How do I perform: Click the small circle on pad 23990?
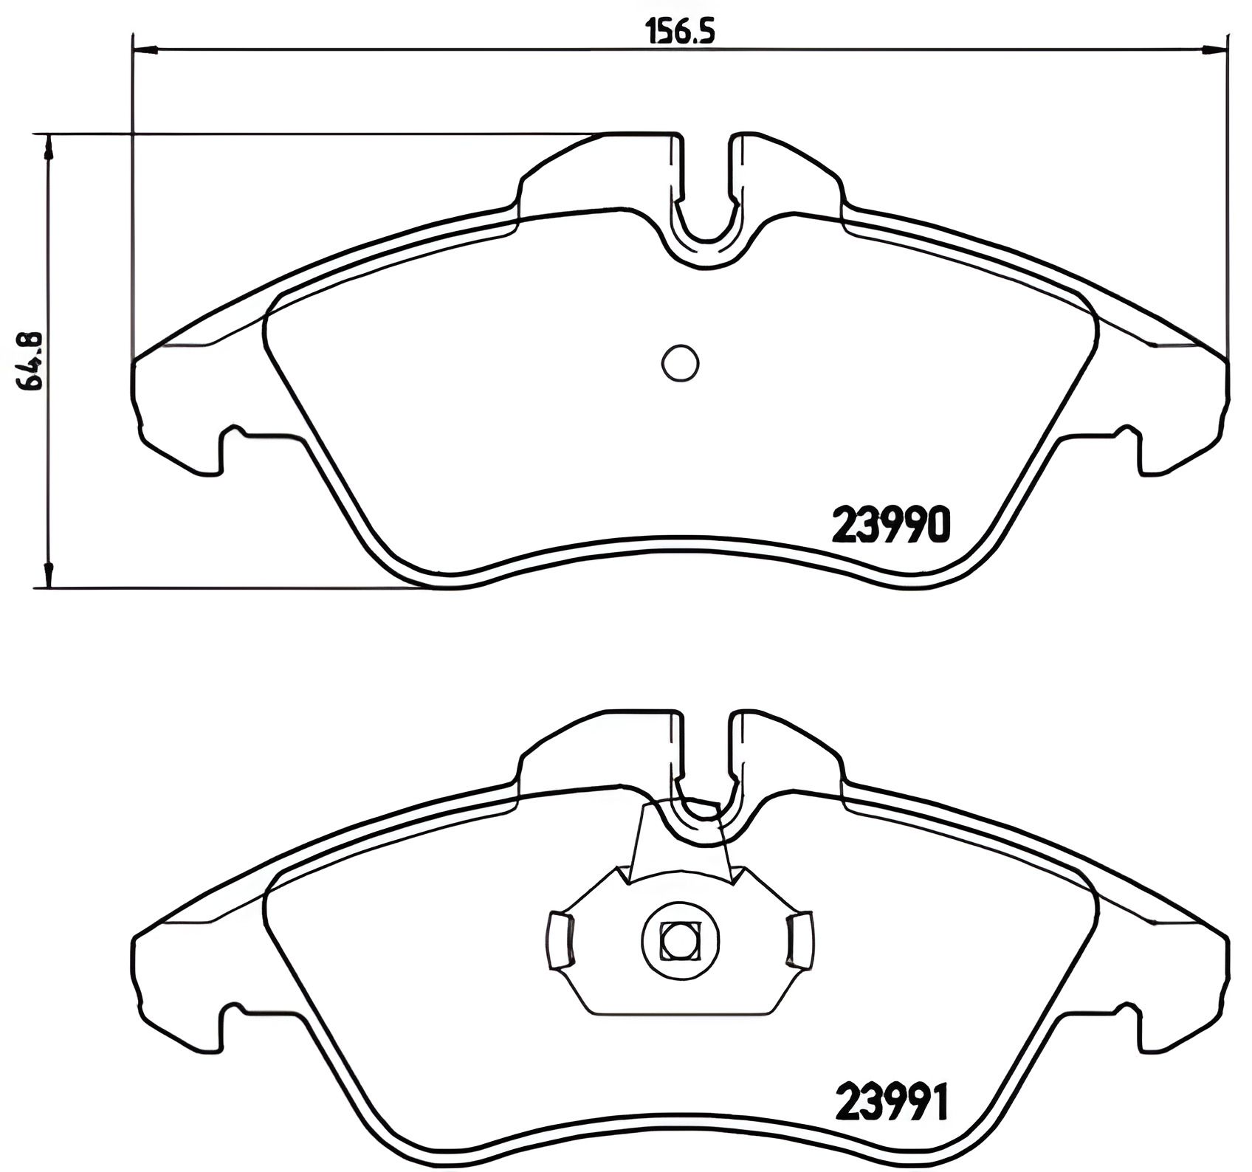[x=680, y=363]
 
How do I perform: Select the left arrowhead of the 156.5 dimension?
[x=145, y=50]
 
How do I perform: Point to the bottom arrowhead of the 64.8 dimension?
[x=48, y=576]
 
